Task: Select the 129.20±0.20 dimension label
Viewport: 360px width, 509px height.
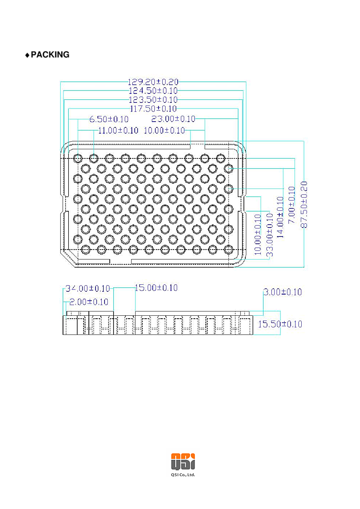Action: point(153,82)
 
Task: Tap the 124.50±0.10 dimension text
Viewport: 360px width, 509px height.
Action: point(153,91)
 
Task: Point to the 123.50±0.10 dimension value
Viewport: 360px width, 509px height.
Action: point(153,100)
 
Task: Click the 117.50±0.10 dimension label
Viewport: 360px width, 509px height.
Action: point(153,109)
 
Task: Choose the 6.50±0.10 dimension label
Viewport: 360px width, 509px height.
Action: point(109,119)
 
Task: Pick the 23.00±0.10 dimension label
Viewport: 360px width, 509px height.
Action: point(173,119)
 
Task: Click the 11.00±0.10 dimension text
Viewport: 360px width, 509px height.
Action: point(118,131)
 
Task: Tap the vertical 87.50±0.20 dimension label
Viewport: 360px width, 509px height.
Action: point(304,205)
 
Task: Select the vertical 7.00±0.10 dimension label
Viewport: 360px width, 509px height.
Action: point(292,205)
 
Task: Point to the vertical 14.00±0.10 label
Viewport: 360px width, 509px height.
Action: point(280,217)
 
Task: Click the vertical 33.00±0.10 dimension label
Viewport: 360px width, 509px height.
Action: point(270,235)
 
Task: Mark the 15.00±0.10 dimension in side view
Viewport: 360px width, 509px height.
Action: point(156,288)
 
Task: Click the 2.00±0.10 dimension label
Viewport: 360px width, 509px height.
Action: point(89,302)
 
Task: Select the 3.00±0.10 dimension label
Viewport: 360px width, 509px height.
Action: point(283,292)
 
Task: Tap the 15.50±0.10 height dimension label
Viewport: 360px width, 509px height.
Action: point(280,324)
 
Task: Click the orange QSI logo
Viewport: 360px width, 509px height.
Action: point(183,461)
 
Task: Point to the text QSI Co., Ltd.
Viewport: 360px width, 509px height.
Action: point(183,475)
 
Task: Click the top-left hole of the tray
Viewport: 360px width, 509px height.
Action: point(78,158)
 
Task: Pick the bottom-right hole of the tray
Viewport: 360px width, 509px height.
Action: point(229,249)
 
